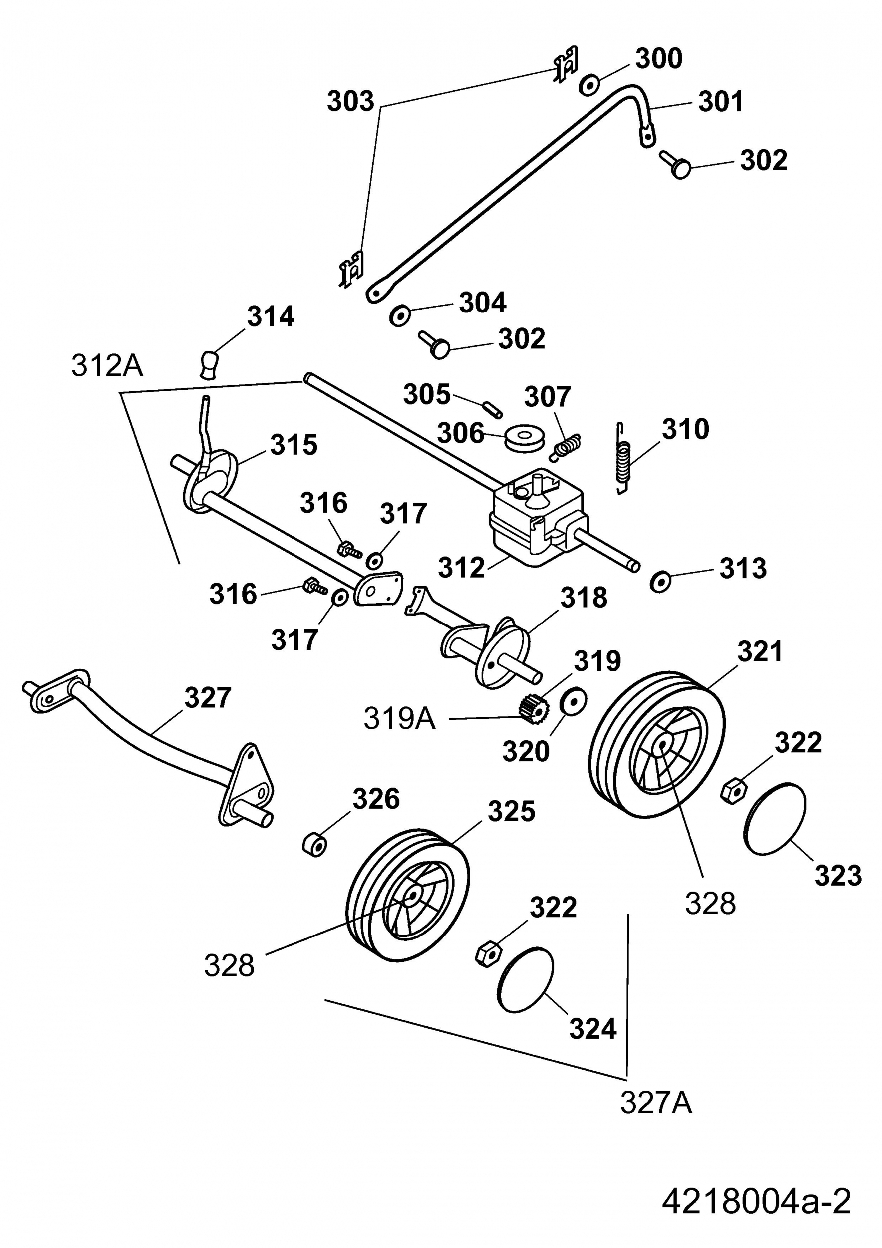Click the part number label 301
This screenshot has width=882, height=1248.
point(721,102)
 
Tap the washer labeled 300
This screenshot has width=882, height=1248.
point(589,85)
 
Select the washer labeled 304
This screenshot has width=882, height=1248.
point(400,315)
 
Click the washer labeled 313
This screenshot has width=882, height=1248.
point(660,581)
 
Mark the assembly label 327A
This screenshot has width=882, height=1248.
point(656,1103)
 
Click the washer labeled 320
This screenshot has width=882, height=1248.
point(572,702)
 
